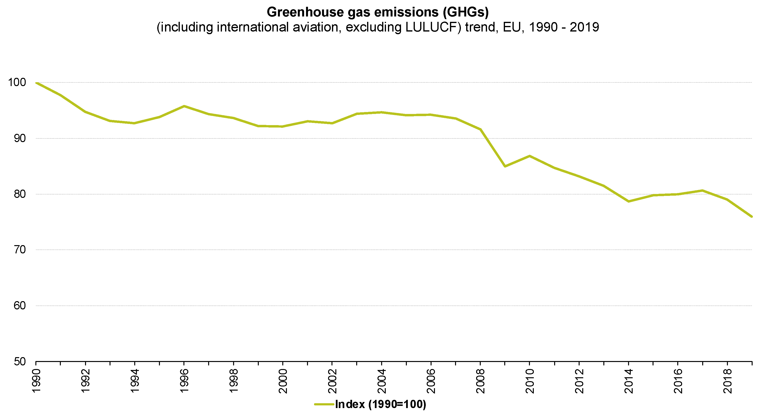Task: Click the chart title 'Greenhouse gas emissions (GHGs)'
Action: [378, 12]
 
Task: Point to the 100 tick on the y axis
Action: [17, 82]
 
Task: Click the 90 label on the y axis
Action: [20, 138]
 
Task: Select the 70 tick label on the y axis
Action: [20, 250]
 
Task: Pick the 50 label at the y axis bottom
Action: [20, 362]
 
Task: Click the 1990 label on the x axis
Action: [36, 381]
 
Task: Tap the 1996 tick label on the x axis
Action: [184, 381]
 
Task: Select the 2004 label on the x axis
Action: [382, 381]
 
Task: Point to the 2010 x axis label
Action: [530, 381]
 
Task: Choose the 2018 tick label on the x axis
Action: [727, 381]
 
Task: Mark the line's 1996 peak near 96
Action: [184, 106]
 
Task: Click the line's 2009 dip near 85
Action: [505, 166]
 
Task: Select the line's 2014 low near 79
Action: [629, 201]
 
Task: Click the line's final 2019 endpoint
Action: [752, 217]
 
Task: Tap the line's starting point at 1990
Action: [36, 83]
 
